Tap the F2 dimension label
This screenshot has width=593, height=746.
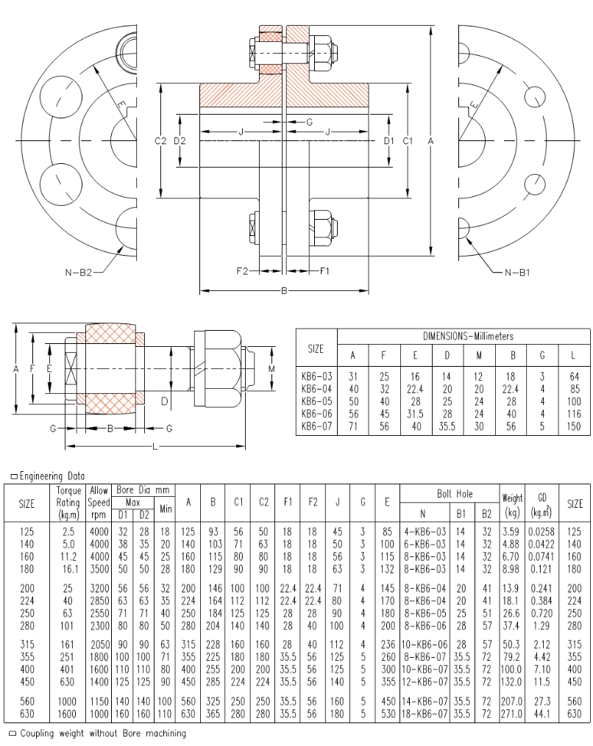click(x=243, y=270)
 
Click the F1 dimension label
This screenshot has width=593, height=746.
click(x=324, y=270)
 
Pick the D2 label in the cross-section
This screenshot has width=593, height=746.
click(x=180, y=140)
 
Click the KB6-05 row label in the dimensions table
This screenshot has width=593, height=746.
click(x=316, y=402)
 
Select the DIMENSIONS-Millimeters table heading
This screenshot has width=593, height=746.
click(x=468, y=336)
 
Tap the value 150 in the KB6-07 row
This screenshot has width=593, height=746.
click(x=574, y=426)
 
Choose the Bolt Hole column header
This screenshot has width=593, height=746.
click(x=448, y=494)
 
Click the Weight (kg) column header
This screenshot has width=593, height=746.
click(x=511, y=503)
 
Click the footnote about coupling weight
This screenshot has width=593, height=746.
click(x=102, y=733)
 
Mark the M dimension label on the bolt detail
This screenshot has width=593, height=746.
click(x=271, y=368)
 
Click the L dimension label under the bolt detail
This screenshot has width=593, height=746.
click(x=154, y=448)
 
